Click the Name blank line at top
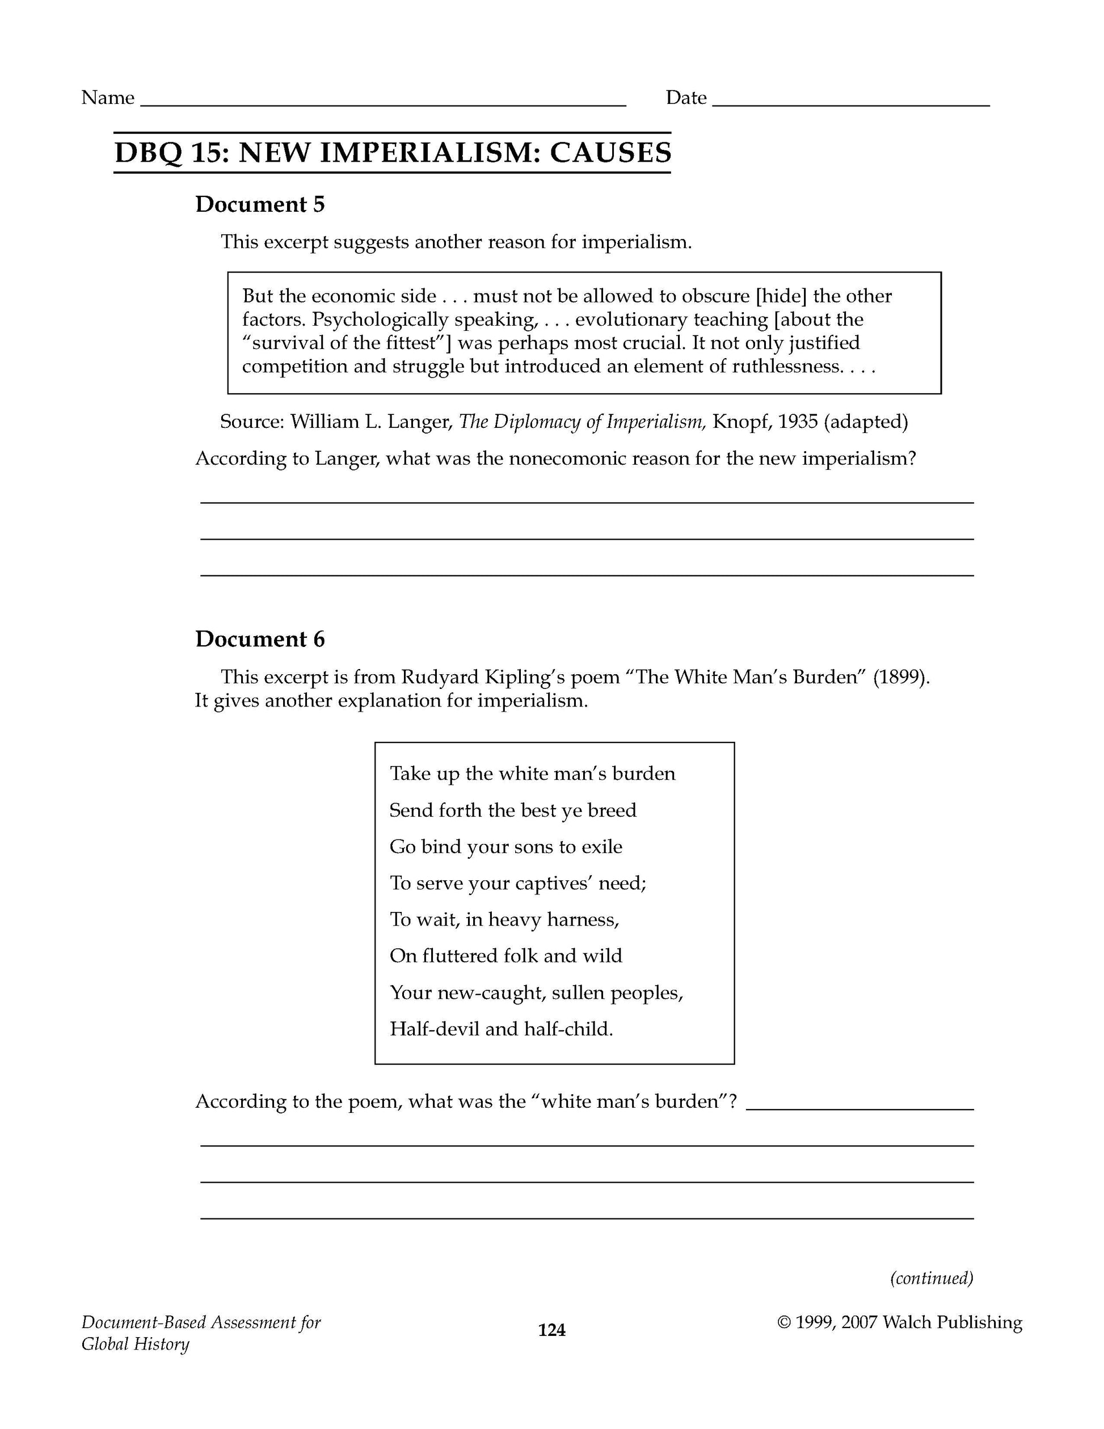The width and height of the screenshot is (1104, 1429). [384, 103]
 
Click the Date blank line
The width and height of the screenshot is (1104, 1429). [850, 103]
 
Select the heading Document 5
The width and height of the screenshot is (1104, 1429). [260, 205]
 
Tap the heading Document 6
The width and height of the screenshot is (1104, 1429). [260, 639]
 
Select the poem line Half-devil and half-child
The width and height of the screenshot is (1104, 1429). [501, 1029]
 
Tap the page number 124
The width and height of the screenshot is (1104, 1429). [551, 1330]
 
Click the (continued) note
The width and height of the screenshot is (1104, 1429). [932, 1278]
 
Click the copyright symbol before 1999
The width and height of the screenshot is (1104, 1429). [784, 1322]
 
